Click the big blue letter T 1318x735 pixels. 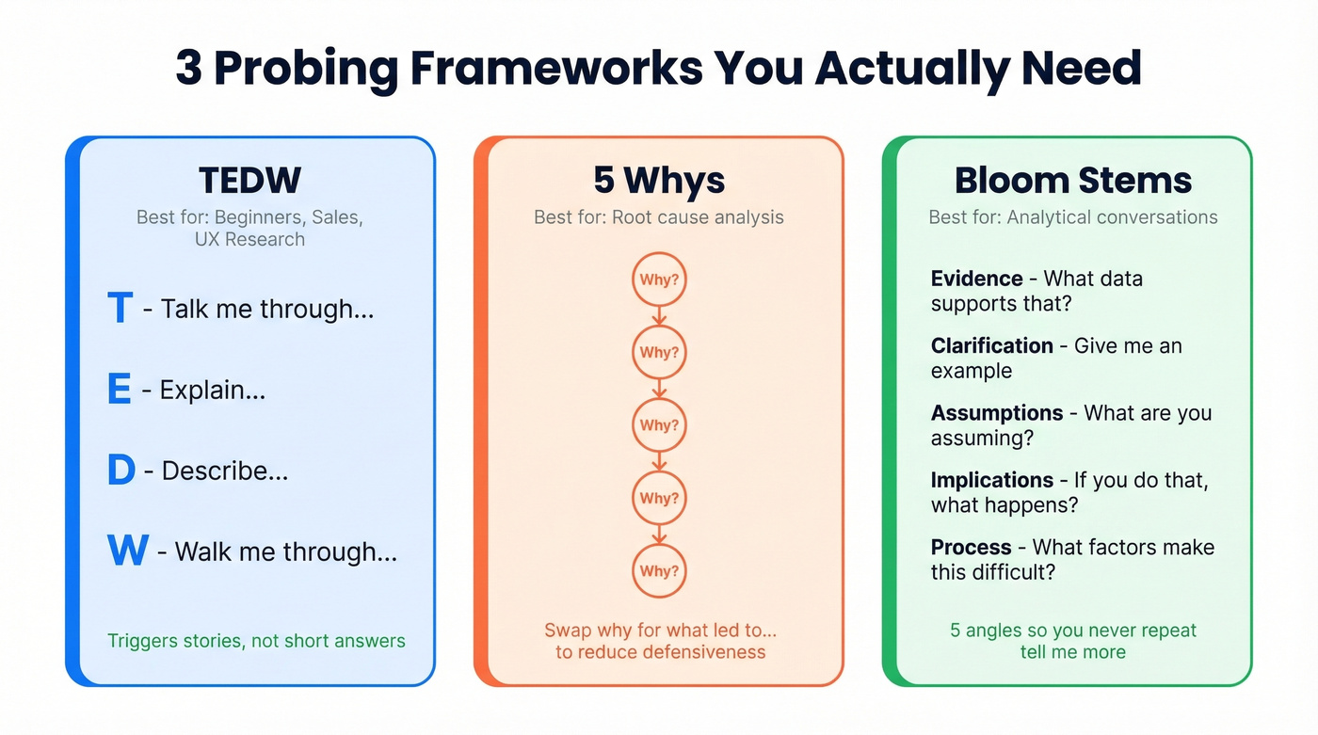tap(120, 309)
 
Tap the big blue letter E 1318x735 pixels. tap(119, 389)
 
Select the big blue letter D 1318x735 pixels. tap(121, 471)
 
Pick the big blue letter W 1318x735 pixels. tap(128, 551)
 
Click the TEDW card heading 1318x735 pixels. tap(249, 181)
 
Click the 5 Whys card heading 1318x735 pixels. tap(659, 181)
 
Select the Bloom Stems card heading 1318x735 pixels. tap(1073, 181)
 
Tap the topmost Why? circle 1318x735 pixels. tap(659, 280)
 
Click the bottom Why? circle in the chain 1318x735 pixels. tap(659, 570)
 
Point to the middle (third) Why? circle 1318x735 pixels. tap(659, 425)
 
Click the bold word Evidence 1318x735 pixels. tap(976, 279)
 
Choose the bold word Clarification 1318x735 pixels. tap(991, 345)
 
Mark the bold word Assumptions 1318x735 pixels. tap(997, 413)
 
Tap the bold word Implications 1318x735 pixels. tap(991, 480)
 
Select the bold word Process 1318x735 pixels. tap(971, 547)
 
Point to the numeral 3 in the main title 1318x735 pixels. tap(189, 69)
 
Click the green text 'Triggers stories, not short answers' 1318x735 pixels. tap(256, 641)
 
